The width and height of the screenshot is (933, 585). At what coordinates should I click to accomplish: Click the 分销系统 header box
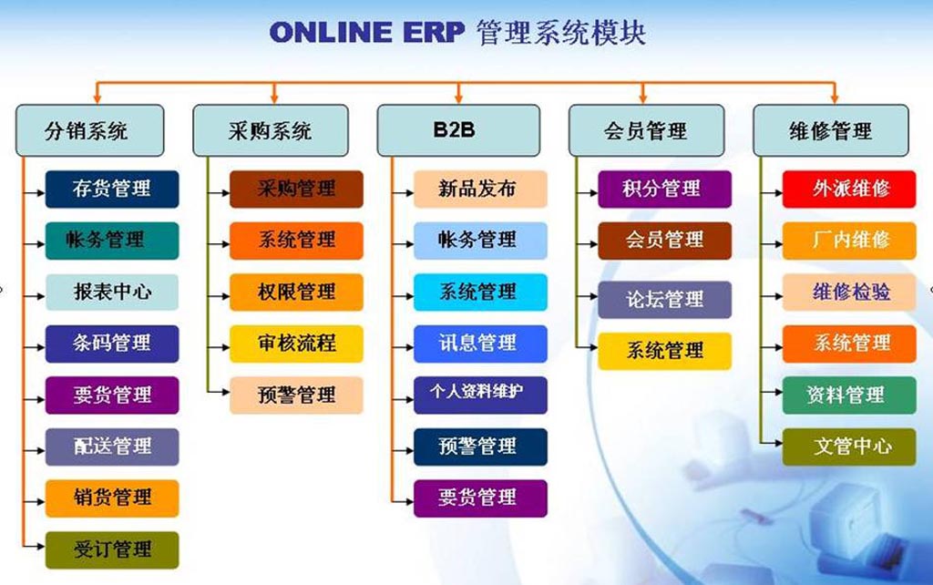[90, 130]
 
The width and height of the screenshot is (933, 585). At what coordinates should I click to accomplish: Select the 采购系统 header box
[271, 130]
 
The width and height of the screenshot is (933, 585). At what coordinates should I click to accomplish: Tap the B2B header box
[459, 130]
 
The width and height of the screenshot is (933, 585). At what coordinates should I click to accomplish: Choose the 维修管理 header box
[831, 130]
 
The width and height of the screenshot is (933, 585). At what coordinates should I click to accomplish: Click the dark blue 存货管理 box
[112, 190]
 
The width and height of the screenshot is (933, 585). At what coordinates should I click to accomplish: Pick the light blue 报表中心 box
[112, 292]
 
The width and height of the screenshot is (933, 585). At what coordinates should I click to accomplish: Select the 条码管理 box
[112, 344]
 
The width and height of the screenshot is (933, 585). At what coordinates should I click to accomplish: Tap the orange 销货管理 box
[112, 498]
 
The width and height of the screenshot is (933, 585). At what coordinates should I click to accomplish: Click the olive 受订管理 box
[112, 549]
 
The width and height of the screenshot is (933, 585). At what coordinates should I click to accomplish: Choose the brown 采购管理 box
[296, 190]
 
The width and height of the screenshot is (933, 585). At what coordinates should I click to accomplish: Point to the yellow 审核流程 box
[296, 344]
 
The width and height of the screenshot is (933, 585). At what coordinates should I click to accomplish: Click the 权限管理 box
[296, 292]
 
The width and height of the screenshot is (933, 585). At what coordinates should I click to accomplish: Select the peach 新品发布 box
[480, 190]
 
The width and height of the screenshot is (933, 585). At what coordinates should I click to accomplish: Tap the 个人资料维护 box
[480, 395]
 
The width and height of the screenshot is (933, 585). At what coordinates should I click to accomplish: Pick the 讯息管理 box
[480, 344]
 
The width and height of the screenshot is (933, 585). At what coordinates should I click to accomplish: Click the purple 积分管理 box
[664, 190]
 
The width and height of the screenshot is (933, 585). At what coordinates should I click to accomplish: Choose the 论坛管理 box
[664, 300]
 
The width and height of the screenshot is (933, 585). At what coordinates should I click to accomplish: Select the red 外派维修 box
[849, 190]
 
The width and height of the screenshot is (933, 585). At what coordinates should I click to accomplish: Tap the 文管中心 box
[849, 446]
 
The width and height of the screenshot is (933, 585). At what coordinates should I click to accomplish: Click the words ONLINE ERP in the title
[366, 32]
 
